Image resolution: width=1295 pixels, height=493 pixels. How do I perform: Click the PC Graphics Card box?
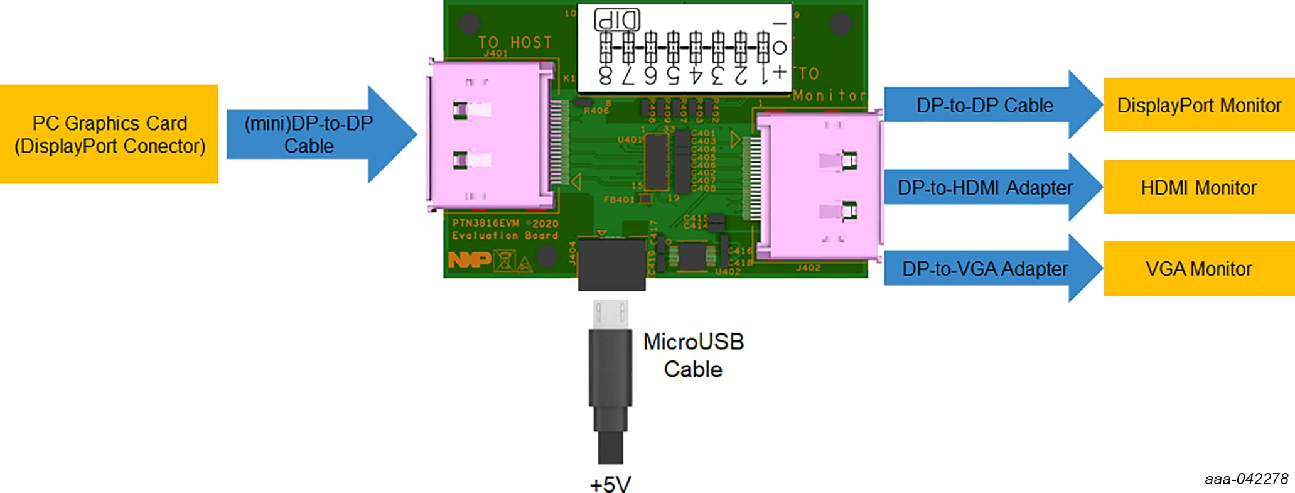pyautogui.click(x=109, y=134)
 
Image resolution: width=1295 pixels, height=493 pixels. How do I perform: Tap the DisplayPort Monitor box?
pyautogui.click(x=1198, y=105)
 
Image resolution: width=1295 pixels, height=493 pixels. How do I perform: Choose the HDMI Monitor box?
pyautogui.click(x=1198, y=187)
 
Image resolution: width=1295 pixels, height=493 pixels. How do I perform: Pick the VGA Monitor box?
pyautogui.click(x=1198, y=268)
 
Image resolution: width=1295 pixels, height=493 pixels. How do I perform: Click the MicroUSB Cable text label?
pyautogui.click(x=693, y=355)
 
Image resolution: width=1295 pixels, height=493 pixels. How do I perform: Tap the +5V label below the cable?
pyautogui.click(x=610, y=484)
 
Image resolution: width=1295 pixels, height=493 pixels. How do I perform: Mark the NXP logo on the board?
pyautogui.click(x=469, y=259)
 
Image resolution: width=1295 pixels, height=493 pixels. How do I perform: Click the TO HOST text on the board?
pyautogui.click(x=515, y=43)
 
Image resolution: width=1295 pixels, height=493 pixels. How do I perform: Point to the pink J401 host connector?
pyautogui.click(x=490, y=134)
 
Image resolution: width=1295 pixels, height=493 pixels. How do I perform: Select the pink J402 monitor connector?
pyautogui.click(x=819, y=186)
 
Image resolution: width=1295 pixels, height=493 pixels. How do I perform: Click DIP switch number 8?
pyautogui.click(x=606, y=46)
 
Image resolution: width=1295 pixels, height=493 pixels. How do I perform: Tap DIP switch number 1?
pyautogui.click(x=763, y=46)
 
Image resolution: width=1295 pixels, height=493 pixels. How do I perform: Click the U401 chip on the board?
pyautogui.click(x=657, y=161)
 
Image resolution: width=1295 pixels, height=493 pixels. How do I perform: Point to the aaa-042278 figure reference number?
pyautogui.click(x=1246, y=479)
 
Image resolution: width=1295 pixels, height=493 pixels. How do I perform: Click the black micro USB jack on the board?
pyautogui.click(x=611, y=264)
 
